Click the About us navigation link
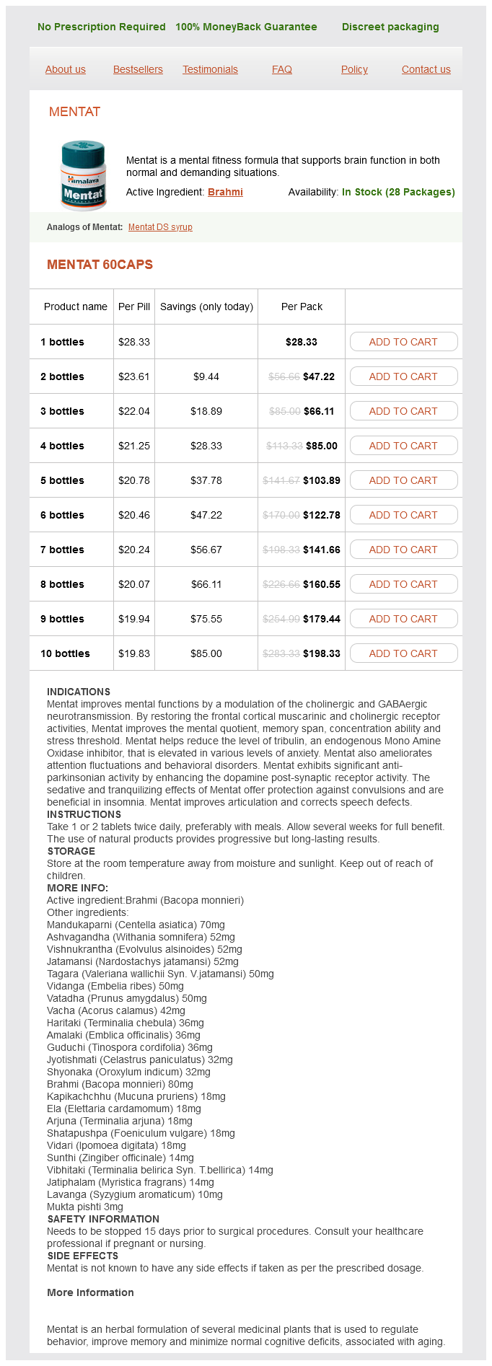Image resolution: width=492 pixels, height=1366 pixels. point(66,69)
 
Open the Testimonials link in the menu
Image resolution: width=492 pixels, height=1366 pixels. point(210,69)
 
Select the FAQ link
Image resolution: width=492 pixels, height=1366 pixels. point(282,69)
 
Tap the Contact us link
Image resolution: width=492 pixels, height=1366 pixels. point(426,69)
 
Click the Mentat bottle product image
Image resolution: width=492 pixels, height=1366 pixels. point(84,175)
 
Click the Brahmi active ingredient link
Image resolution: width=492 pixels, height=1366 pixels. point(225,192)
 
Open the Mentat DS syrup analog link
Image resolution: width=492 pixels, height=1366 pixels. point(160,227)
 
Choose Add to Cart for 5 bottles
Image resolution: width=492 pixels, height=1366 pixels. point(403,480)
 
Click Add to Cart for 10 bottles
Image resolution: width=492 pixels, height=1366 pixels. point(403,653)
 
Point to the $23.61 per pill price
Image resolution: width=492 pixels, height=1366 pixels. point(134,376)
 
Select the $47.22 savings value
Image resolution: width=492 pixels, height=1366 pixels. point(206,515)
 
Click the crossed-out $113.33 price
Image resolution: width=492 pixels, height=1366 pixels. point(284,446)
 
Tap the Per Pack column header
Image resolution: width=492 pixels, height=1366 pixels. point(302,307)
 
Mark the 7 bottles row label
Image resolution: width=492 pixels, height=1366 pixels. point(62,550)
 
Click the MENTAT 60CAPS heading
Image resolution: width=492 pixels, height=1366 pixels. point(100,265)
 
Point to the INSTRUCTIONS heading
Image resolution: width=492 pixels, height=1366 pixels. point(84,814)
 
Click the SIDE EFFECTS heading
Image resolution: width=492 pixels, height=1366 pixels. point(83,1256)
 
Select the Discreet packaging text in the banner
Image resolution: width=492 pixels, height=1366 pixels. point(390,27)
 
